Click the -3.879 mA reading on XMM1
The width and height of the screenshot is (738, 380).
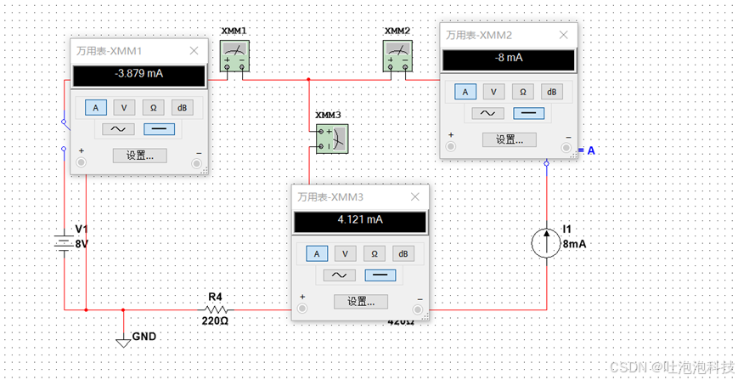coord(139,75)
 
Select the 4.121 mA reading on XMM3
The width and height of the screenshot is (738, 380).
coord(361,220)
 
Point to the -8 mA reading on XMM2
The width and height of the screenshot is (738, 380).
coord(508,59)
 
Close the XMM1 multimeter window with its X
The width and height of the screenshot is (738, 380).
coord(194,51)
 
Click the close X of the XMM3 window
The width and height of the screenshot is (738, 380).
coord(416,197)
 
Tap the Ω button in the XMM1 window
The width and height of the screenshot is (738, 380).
coord(154,107)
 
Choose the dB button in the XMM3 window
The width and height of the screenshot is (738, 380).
coord(403,253)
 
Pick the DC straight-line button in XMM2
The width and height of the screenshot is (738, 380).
coord(530,113)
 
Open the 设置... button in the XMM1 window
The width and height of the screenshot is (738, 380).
coord(139,156)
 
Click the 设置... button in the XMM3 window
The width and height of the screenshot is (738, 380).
coord(361,302)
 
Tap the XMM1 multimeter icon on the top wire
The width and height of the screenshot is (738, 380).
coord(234,58)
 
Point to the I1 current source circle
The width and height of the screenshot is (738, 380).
coord(546,243)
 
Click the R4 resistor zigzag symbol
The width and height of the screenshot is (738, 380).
coord(214,309)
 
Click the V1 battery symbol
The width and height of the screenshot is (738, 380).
coord(65,243)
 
